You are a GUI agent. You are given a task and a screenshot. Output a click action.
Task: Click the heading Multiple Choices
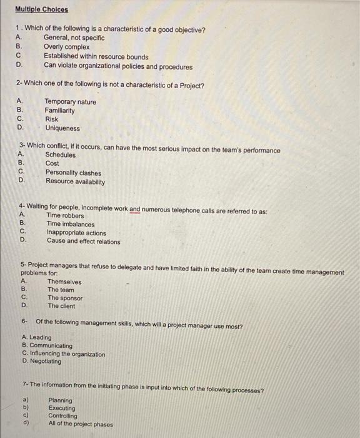coord(42,9)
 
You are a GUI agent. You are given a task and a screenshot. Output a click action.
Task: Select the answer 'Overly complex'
coord(67,47)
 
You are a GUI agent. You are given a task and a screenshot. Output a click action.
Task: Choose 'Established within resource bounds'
coord(96,56)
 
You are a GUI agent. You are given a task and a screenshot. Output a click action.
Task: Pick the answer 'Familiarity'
coord(59,111)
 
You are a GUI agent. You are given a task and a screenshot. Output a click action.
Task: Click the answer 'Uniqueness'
coord(62,128)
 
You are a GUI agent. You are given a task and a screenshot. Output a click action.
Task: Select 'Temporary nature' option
coord(70,102)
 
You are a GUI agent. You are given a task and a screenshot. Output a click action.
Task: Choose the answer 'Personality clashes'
coord(72,173)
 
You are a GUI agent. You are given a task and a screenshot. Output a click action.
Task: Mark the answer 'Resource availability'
coord(75,181)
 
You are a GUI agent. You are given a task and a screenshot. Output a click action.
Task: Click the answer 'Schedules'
coord(60,155)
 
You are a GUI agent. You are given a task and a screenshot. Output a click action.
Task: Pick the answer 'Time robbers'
coord(65,216)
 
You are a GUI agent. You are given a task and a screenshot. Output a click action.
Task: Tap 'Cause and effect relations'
coord(83,241)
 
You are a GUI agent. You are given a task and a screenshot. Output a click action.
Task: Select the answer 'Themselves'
coord(64,282)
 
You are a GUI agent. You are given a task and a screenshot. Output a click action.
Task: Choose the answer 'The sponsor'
coord(65,298)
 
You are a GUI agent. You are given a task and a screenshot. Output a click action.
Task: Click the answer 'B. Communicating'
coord(47,346)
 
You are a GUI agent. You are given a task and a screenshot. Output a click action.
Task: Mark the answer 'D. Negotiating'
coord(42,361)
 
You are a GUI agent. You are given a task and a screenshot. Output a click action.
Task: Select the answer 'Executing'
coord(61,408)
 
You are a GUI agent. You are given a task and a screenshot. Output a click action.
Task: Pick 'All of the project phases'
coord(81,424)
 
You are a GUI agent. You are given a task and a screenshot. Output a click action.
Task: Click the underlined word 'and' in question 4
coord(135,211)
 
